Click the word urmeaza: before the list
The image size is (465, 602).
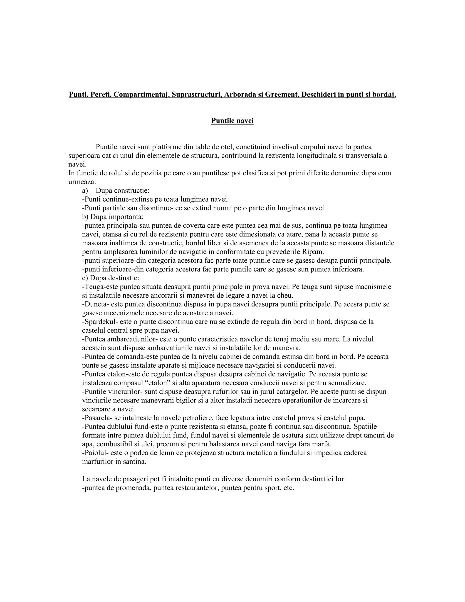[x=82, y=182]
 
